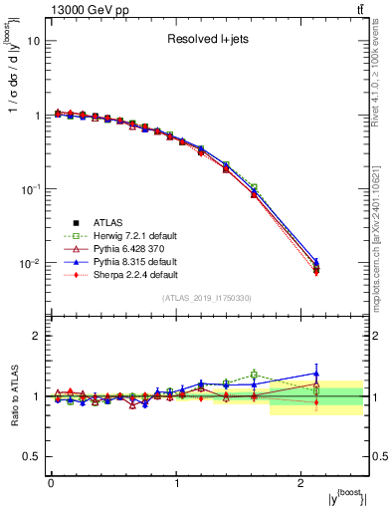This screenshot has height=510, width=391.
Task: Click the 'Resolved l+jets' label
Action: coord(206,41)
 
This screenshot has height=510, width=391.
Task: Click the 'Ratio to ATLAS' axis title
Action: coord(13,396)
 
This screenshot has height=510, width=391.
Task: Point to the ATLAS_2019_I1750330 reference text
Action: coord(206,297)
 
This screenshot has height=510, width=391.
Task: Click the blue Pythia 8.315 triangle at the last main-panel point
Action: coord(316,261)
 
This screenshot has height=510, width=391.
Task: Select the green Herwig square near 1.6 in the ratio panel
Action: coord(255,375)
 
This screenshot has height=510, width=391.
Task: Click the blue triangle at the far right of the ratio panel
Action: coord(316,374)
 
